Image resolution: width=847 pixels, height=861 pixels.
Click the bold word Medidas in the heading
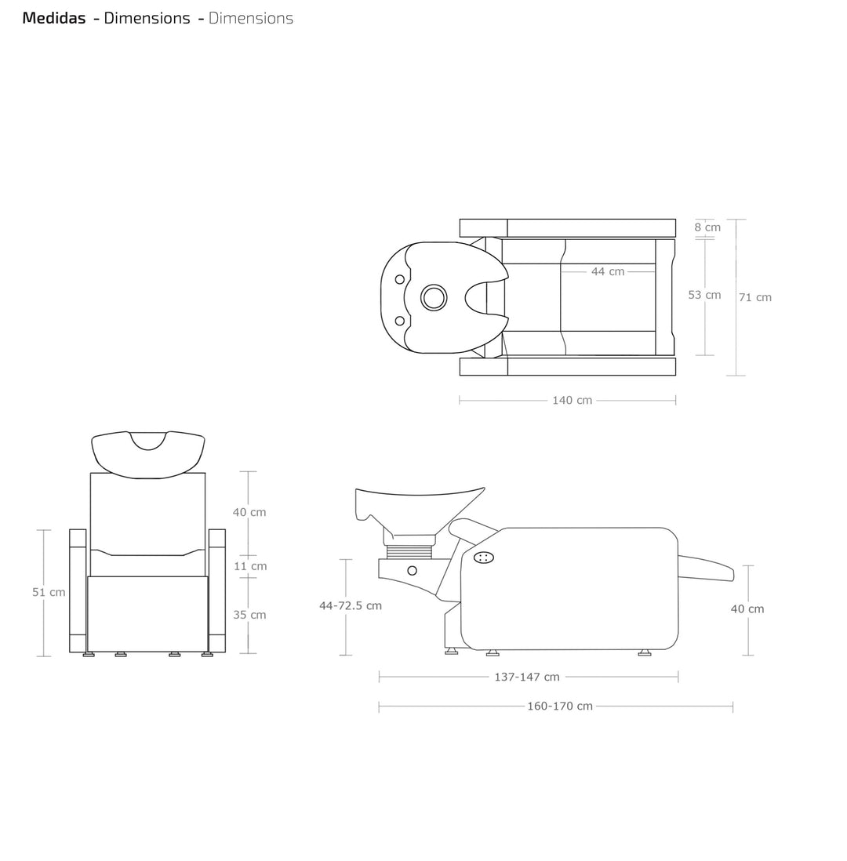point(54,18)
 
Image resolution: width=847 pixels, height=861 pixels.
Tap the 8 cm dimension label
point(707,227)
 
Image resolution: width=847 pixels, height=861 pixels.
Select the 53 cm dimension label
point(705,295)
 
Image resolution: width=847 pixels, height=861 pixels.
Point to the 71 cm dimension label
point(755,297)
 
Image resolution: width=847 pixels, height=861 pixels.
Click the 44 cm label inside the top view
point(608,271)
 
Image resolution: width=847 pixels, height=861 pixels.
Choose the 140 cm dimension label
point(573,400)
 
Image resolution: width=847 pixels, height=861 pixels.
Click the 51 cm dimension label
point(49,592)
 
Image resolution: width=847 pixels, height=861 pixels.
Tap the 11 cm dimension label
point(250,566)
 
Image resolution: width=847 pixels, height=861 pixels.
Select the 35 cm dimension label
point(250,615)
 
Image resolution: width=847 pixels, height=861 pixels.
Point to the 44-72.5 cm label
point(351,605)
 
